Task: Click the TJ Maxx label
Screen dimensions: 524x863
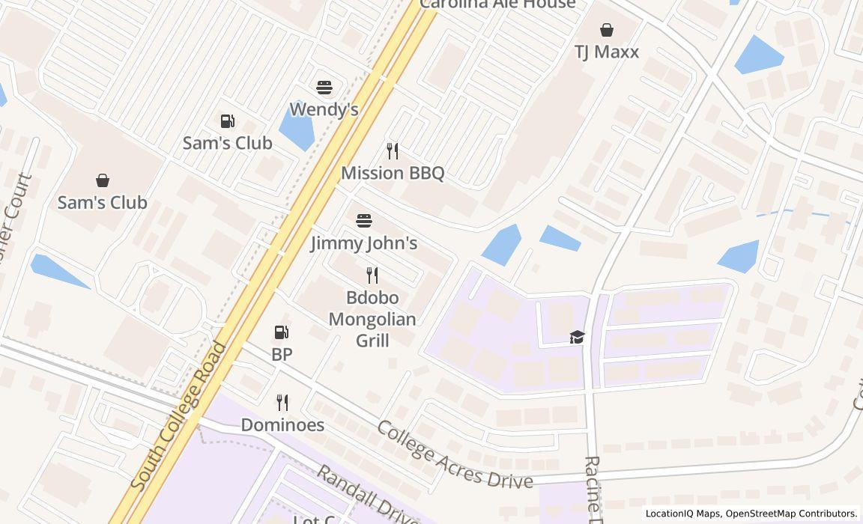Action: click(607, 52)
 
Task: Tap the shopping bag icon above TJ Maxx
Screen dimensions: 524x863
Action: click(607, 30)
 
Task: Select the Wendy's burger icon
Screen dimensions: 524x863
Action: click(324, 88)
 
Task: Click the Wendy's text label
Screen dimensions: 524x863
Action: click(324, 109)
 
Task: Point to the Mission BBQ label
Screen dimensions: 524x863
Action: click(393, 173)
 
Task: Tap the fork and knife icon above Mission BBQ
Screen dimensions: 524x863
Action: click(392, 150)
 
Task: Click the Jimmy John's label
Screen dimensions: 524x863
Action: click(364, 243)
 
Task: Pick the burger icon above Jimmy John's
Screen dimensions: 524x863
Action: click(364, 221)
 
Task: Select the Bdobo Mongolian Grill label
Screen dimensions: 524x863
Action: click(372, 318)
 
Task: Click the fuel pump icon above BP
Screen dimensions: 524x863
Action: click(282, 332)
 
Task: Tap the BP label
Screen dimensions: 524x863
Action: click(282, 354)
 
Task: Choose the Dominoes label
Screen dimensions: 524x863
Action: click(282, 424)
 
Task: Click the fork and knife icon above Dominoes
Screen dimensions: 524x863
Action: click(282, 403)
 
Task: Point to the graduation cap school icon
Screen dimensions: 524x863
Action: click(577, 338)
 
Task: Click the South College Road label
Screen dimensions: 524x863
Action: click(178, 416)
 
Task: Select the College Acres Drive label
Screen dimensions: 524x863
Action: click(454, 454)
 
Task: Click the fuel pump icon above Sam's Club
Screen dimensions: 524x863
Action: click(227, 121)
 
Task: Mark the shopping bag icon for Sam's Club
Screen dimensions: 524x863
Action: click(103, 180)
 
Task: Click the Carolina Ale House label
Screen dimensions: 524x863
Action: click(497, 4)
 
